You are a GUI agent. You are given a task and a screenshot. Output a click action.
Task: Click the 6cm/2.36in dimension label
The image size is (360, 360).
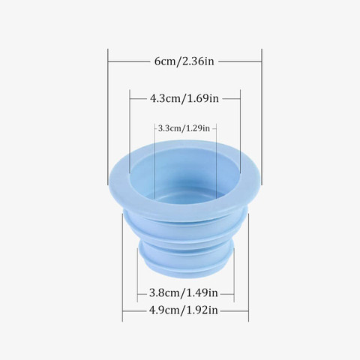point(184,61)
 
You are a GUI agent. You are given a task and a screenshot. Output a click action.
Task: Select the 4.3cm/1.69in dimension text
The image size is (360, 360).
point(184,98)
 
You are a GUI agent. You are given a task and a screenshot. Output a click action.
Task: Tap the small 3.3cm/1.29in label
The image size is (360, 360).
point(184,128)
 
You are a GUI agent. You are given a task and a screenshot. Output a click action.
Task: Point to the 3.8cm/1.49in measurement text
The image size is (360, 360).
point(184,292)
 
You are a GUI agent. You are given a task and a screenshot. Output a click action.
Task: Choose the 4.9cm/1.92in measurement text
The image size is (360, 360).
point(184,310)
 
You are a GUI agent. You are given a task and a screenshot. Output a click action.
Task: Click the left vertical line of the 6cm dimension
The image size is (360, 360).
point(108,117)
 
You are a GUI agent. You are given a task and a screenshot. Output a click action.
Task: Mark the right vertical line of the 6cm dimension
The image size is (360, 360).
point(262,117)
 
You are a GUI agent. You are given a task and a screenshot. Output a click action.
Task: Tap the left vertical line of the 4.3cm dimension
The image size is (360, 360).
point(130,131)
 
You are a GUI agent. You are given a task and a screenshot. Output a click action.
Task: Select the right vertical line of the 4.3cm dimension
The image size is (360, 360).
point(240,131)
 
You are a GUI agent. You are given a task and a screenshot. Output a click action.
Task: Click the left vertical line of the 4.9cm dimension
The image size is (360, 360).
point(122,268)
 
